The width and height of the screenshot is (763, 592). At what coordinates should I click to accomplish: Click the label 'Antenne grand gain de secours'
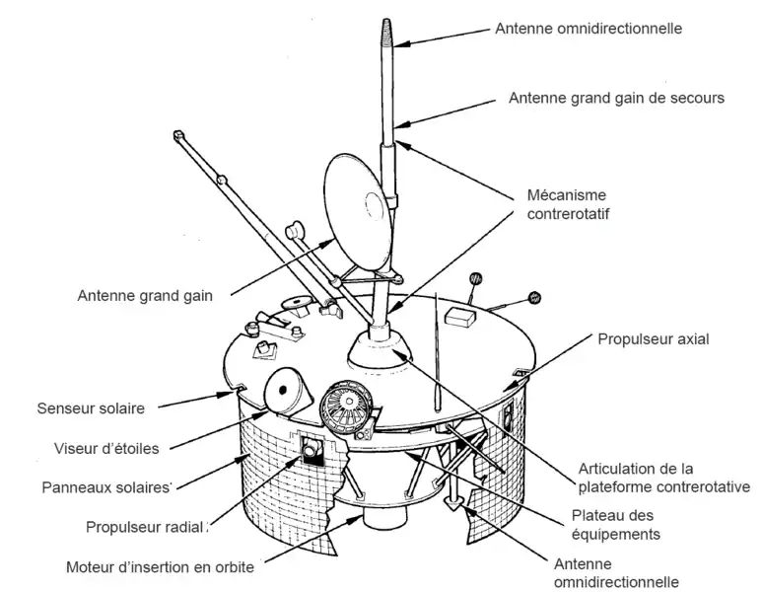click(x=616, y=99)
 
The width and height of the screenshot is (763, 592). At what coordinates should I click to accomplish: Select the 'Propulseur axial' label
click(x=654, y=338)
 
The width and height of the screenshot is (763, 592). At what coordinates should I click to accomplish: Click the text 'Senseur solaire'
click(x=91, y=407)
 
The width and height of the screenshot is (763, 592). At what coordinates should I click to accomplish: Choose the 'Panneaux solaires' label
click(x=106, y=486)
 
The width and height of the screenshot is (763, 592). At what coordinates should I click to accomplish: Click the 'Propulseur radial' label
click(x=146, y=526)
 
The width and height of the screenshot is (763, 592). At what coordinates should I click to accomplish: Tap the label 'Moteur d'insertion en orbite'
click(x=160, y=566)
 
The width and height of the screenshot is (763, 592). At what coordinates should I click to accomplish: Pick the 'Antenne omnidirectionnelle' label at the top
click(x=588, y=29)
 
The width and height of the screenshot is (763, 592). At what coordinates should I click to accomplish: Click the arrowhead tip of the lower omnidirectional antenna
click(x=454, y=507)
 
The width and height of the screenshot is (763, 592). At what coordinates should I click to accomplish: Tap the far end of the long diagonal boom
click(x=178, y=134)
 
